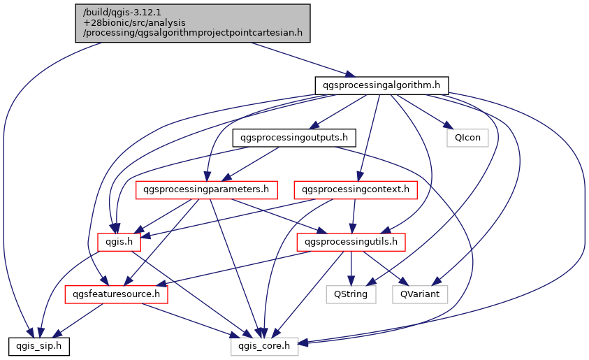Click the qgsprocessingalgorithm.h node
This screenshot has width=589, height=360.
tap(381, 85)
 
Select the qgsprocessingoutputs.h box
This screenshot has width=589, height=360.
tap(294, 137)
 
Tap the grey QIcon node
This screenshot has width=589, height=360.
tap(467, 137)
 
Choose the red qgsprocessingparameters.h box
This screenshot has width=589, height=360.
tap(205, 189)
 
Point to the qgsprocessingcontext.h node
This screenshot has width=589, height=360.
tap(356, 189)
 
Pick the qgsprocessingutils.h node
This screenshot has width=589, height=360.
tap(351, 242)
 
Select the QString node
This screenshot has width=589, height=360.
tap(351, 294)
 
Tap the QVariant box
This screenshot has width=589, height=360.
tap(420, 294)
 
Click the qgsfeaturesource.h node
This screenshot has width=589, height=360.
tap(117, 294)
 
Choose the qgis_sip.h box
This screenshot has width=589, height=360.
tap(38, 345)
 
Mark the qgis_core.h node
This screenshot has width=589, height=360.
tap(265, 345)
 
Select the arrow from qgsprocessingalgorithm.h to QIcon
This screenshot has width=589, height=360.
tap(422, 111)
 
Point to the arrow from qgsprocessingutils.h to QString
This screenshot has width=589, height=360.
tap(351, 268)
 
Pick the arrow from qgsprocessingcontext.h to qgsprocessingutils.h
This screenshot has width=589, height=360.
tap(354, 215)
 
